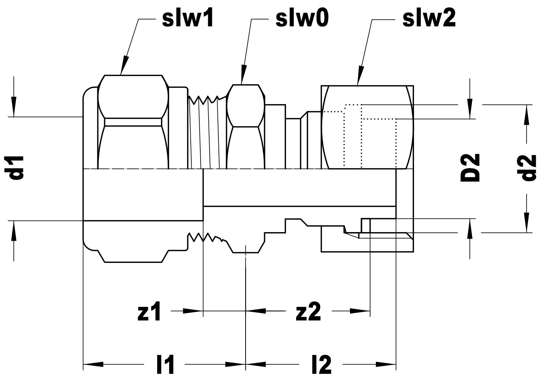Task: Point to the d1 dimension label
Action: click(x=16, y=168)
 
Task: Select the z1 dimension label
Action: click(x=149, y=312)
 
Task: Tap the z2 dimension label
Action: click(x=309, y=312)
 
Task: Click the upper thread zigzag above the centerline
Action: click(x=204, y=100)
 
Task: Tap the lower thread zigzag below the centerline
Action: click(x=205, y=238)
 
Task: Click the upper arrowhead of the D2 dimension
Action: click(x=470, y=111)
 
